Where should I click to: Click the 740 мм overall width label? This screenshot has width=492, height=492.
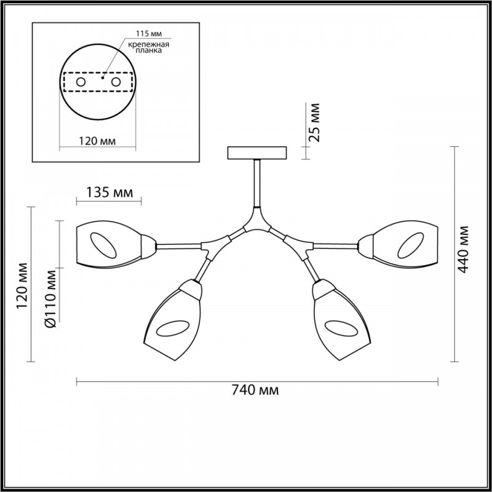tap(255, 391)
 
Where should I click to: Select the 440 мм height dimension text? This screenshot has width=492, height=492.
tap(463, 250)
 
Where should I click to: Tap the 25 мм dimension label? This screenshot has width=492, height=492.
tap(314, 122)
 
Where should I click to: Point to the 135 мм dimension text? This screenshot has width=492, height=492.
tap(109, 192)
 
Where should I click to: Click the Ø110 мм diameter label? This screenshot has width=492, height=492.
tap(50, 298)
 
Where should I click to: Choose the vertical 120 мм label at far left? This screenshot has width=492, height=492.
tap(22, 285)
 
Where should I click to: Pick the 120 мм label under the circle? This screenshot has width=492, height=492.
tap(97, 141)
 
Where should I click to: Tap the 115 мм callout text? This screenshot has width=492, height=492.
tap(149, 34)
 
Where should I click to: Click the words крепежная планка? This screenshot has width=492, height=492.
tap(149, 47)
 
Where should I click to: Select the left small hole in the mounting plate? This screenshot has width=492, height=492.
tap(81, 82)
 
